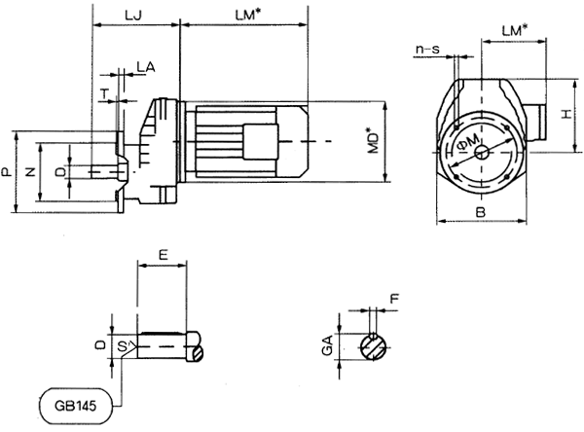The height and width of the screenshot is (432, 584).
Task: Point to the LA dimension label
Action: (144, 65)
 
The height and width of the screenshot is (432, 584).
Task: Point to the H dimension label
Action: (564, 115)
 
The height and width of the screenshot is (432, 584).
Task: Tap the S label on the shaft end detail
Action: (122, 345)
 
